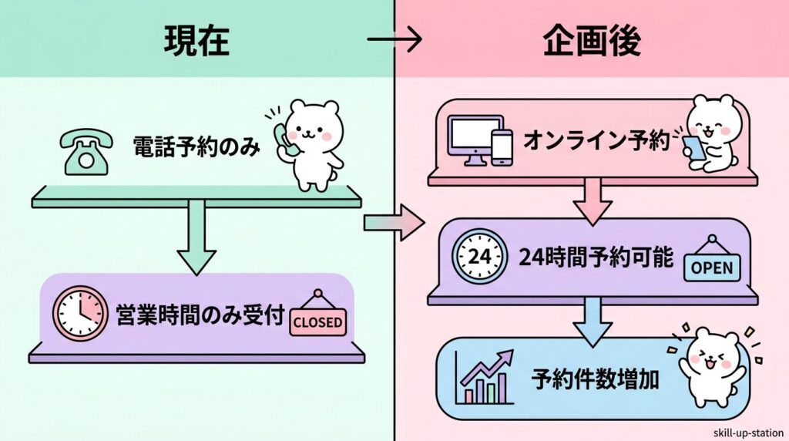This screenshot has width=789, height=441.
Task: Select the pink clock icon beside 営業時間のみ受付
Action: coord(80,315)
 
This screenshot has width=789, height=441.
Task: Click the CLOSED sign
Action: coord(317,320)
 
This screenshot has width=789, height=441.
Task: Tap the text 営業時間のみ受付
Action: coord(200,316)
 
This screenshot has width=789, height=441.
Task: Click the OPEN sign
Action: coord(713,264)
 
